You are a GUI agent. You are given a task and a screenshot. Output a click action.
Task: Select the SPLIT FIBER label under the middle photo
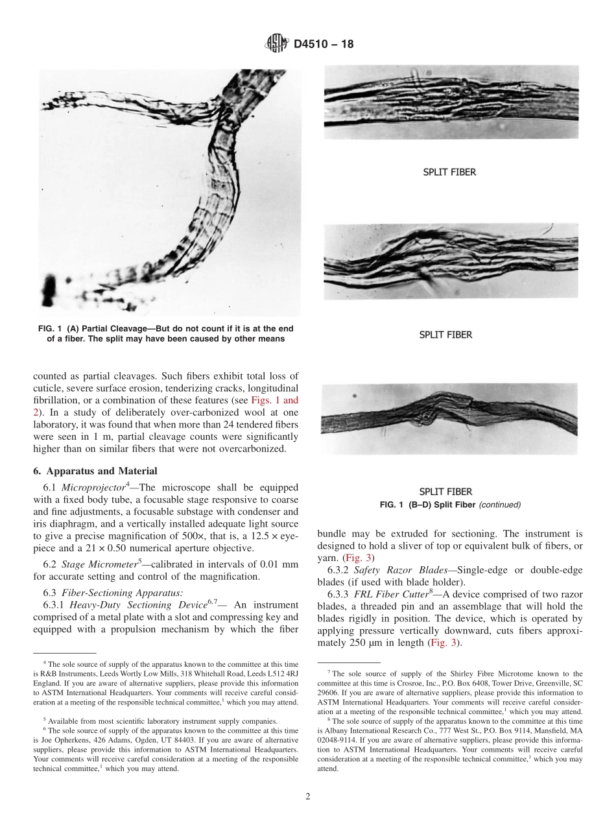click(445, 335)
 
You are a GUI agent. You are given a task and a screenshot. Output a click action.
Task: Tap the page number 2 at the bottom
click(308, 797)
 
